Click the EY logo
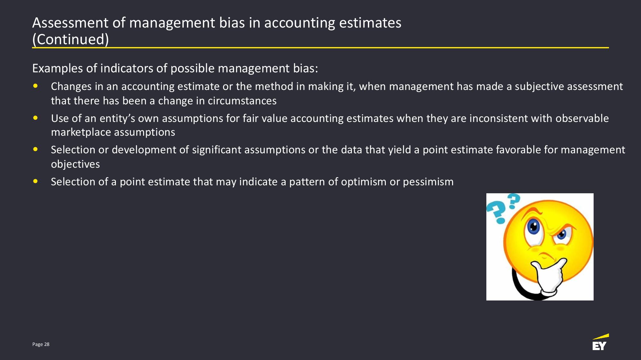click(600, 342)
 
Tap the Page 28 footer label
click(41, 344)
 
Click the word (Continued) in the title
click(70, 39)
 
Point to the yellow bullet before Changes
click(36, 86)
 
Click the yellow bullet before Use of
click(36, 118)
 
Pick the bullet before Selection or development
click(36, 149)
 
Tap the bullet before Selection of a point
click(36, 181)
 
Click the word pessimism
click(428, 182)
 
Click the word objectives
click(75, 164)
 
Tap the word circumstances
click(242, 101)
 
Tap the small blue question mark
click(514, 201)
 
